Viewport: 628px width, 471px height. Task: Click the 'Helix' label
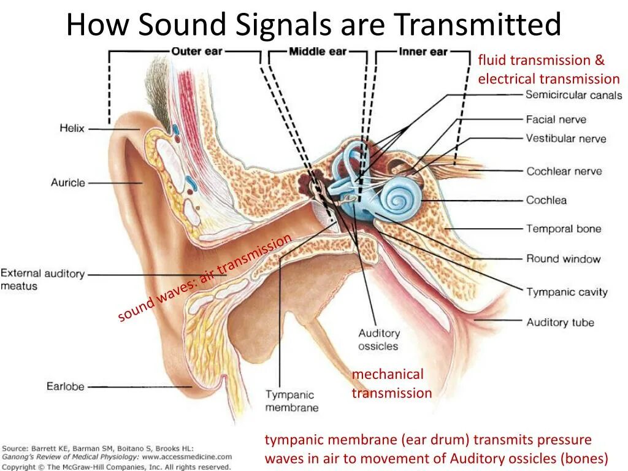(72, 129)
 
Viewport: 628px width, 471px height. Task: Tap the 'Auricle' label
(67, 183)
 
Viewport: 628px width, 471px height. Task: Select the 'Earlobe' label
(65, 386)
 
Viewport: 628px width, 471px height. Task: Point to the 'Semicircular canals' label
(573, 95)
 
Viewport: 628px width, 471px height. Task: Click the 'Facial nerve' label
(556, 120)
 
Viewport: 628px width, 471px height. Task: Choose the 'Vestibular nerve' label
(565, 138)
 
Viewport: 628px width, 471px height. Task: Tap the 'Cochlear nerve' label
(564, 171)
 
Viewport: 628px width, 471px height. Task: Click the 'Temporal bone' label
(564, 229)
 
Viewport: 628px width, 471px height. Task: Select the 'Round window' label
(563, 259)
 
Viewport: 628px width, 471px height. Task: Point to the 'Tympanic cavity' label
(567, 292)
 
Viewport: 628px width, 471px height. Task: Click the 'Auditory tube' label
(560, 322)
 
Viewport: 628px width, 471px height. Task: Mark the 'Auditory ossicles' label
(378, 340)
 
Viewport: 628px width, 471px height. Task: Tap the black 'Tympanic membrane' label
(291, 401)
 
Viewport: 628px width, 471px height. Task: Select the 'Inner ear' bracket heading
(423, 52)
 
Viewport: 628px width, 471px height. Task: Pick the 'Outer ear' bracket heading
(196, 52)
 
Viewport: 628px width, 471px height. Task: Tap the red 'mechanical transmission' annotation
(391, 383)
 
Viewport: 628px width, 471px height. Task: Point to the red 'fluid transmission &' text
(541, 60)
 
